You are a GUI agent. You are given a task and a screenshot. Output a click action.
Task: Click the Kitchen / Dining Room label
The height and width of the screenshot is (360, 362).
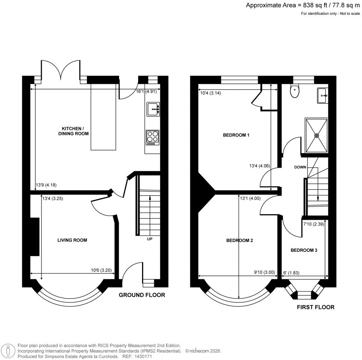pos(75,131)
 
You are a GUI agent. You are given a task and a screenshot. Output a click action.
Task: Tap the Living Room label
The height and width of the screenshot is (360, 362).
pos(72,240)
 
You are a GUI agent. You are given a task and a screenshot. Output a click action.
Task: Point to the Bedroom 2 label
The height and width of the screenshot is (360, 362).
pos(239,240)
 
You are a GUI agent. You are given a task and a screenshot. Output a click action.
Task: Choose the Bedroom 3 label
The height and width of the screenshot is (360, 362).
pos(304,250)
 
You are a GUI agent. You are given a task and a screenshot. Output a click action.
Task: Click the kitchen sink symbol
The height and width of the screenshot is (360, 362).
pos(153,109)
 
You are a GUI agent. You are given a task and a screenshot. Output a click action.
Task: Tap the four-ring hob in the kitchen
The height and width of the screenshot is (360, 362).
pos(152,137)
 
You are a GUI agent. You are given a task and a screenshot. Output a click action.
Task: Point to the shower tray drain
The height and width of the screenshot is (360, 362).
pos(316,135)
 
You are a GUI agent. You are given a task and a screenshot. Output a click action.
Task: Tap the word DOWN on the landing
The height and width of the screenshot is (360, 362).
pos(300,167)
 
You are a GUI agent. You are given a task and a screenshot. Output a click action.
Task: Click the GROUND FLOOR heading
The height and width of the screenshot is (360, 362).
pos(142,295)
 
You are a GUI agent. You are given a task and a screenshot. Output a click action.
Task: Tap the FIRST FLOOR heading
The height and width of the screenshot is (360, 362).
pos(316,307)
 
